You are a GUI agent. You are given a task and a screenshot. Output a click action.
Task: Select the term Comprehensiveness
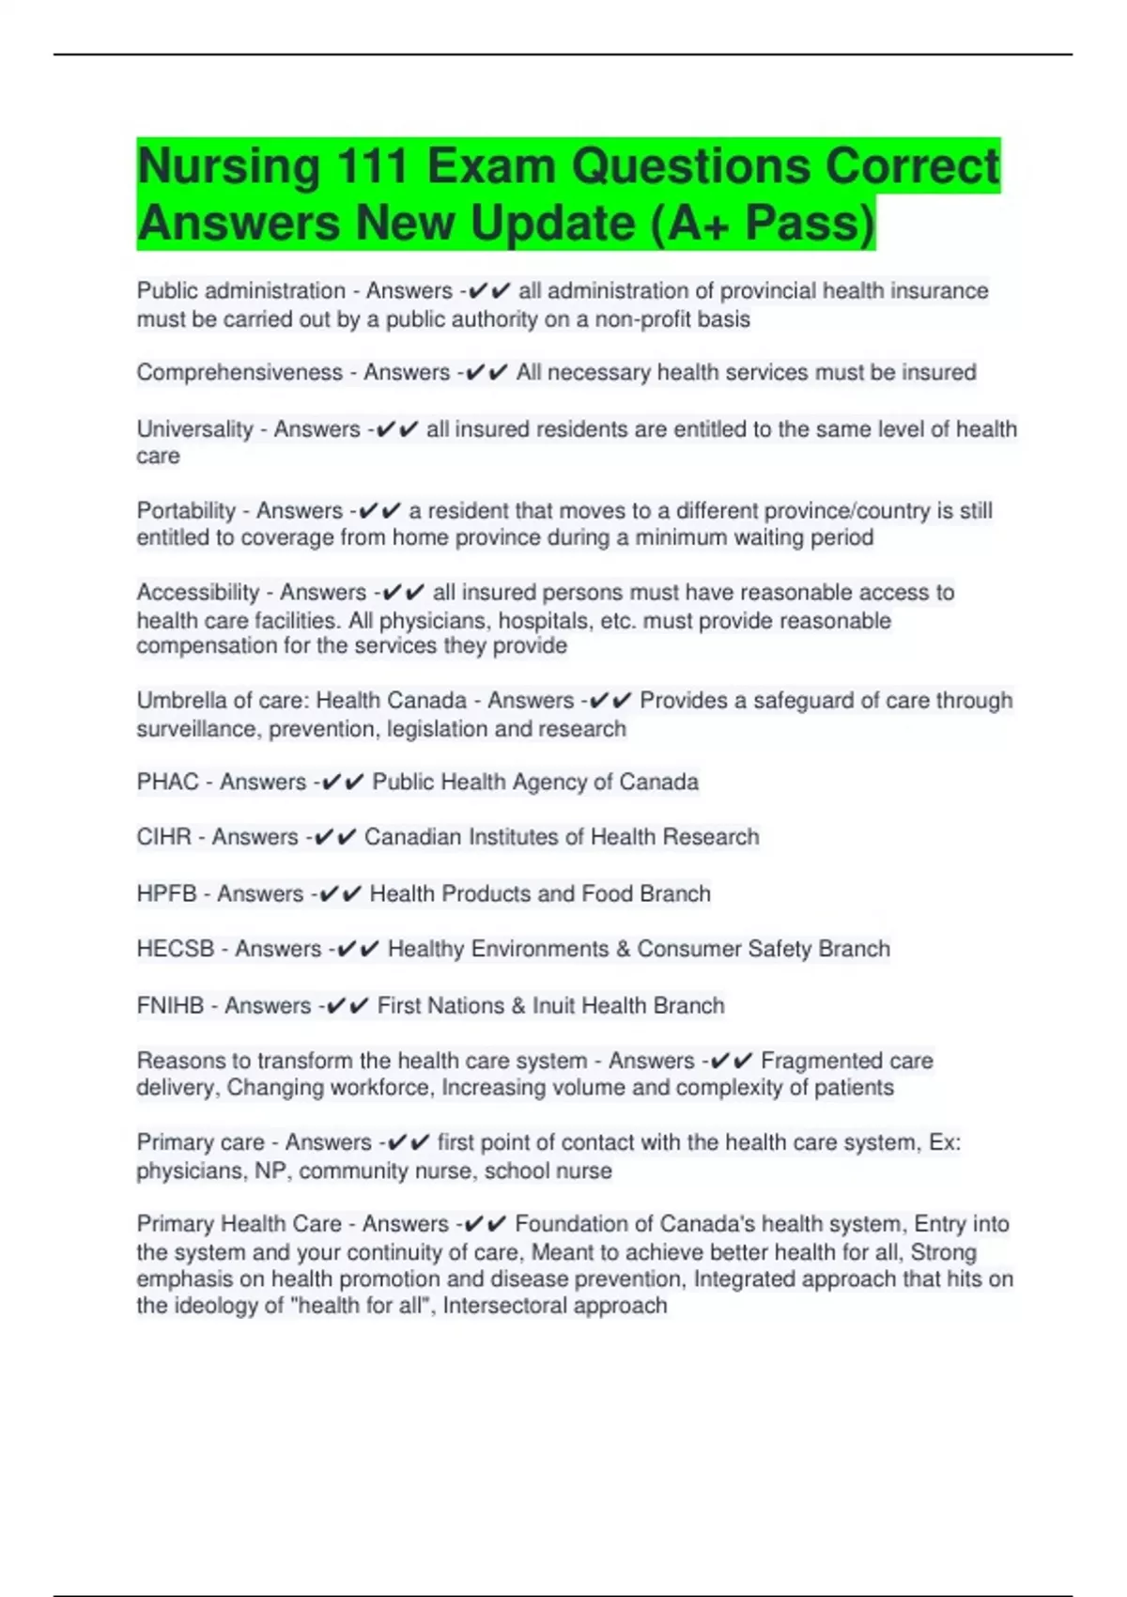pyautogui.click(x=239, y=373)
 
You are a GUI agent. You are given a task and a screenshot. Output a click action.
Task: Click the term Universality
pyautogui.click(x=194, y=429)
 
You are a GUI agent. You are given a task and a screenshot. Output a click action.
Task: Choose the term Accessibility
pyautogui.click(x=197, y=593)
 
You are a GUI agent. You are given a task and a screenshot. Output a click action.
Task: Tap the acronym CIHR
pyautogui.click(x=163, y=837)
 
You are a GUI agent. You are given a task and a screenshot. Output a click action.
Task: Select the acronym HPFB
pyautogui.click(x=166, y=893)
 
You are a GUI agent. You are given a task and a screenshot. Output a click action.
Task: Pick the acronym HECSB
pyautogui.click(x=176, y=949)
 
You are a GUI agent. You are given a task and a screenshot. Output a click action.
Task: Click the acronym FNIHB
pyautogui.click(x=170, y=1006)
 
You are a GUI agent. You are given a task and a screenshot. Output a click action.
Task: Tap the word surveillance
pyautogui.click(x=196, y=729)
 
